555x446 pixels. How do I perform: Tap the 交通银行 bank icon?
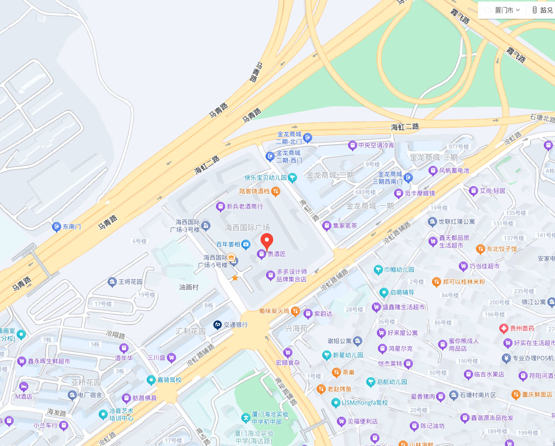[218, 325]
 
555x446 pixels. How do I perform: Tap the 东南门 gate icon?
[57, 227]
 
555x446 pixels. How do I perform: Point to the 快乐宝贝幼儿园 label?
[266, 178]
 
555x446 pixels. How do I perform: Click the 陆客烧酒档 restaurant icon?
[276, 191]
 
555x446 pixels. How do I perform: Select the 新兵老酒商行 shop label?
[245, 206]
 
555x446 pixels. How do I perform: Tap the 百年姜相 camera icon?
[246, 245]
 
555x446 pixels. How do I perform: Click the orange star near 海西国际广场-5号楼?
[235, 278]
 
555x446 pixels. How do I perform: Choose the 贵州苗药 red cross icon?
[503, 328]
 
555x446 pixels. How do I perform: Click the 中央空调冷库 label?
[376, 146]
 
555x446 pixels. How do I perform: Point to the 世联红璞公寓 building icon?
[432, 221]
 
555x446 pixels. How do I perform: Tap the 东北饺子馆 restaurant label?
[502, 249]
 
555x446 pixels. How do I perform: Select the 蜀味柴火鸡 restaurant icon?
[295, 311]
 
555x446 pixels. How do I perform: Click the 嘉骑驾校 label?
[169, 380]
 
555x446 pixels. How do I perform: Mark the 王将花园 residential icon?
[112, 282]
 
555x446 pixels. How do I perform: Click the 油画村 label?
[189, 287]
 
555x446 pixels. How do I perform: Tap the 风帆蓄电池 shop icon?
[433, 170]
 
